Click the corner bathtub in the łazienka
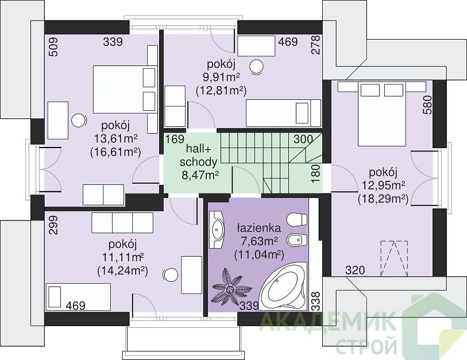point(283,286)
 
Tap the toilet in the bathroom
point(296,219)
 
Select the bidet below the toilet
point(296,239)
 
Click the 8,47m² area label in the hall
point(200,175)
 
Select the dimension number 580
point(427,105)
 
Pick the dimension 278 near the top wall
point(315,45)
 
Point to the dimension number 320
point(355,270)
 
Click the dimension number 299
point(54,226)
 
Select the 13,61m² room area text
point(116,138)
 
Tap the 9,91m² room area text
point(221,78)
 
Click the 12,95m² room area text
point(383,185)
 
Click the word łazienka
point(258,228)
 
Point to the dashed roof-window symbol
point(393,259)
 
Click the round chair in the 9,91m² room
point(256,67)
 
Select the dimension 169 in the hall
point(175,139)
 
